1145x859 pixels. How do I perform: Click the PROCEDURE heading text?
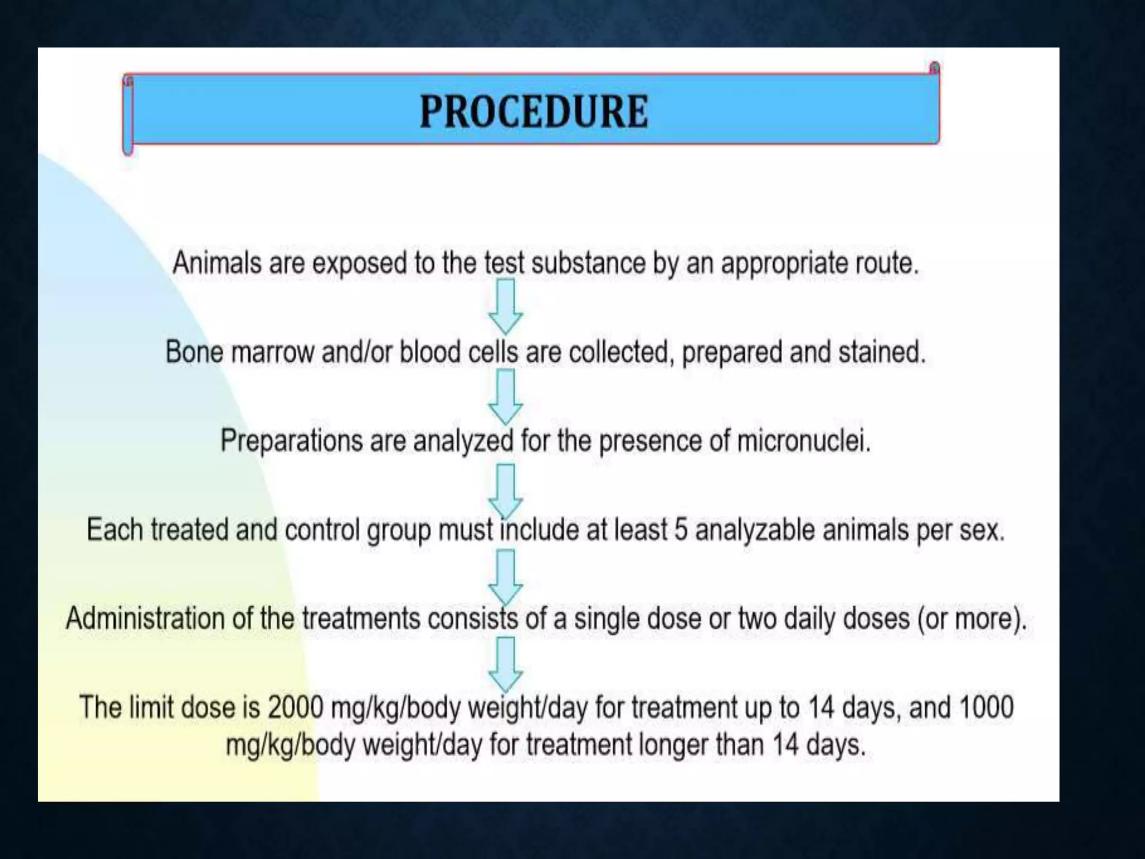[x=534, y=112]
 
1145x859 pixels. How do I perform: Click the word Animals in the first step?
[x=217, y=263]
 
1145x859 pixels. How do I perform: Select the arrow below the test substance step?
[x=505, y=306]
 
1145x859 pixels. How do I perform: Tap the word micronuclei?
[x=803, y=441]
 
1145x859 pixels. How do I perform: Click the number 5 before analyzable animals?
[x=680, y=530]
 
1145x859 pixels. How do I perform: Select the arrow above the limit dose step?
[x=505, y=664]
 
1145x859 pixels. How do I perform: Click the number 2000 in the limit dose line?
[x=295, y=707]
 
